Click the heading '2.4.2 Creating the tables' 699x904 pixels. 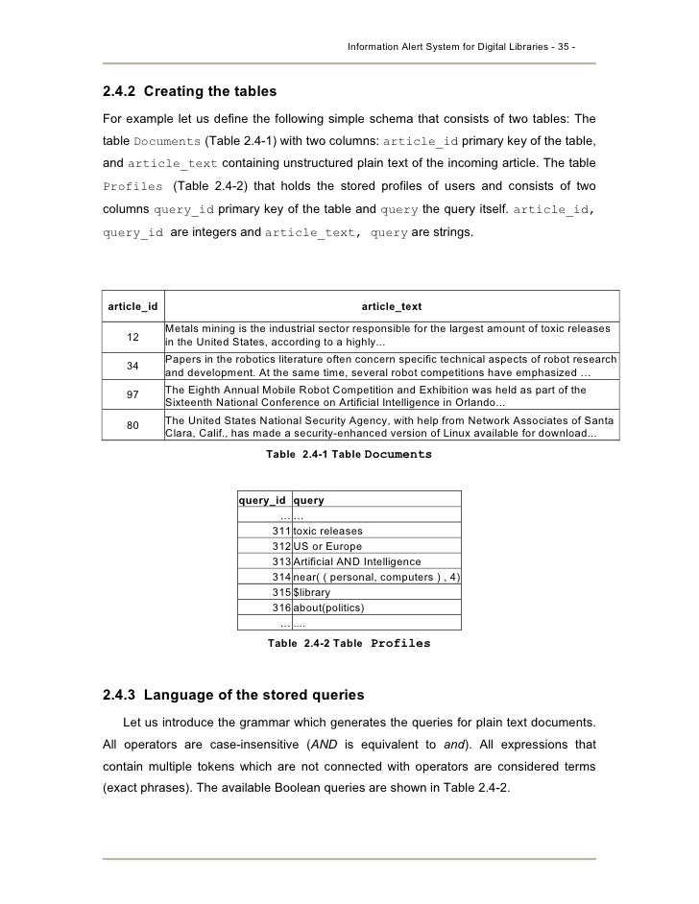tap(189, 92)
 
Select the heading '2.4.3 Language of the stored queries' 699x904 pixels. tap(233, 693)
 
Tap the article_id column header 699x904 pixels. tap(133, 306)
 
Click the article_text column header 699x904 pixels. tap(391, 306)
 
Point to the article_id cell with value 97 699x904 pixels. tap(133, 395)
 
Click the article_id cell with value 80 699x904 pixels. tap(133, 425)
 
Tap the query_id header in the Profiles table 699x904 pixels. tap(262, 499)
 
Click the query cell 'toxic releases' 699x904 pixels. tap(327, 531)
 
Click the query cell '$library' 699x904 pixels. tap(311, 592)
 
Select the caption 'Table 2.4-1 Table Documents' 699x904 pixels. tap(349, 454)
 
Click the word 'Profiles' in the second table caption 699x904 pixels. tap(399, 643)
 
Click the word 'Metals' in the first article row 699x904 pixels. tap(181, 329)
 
